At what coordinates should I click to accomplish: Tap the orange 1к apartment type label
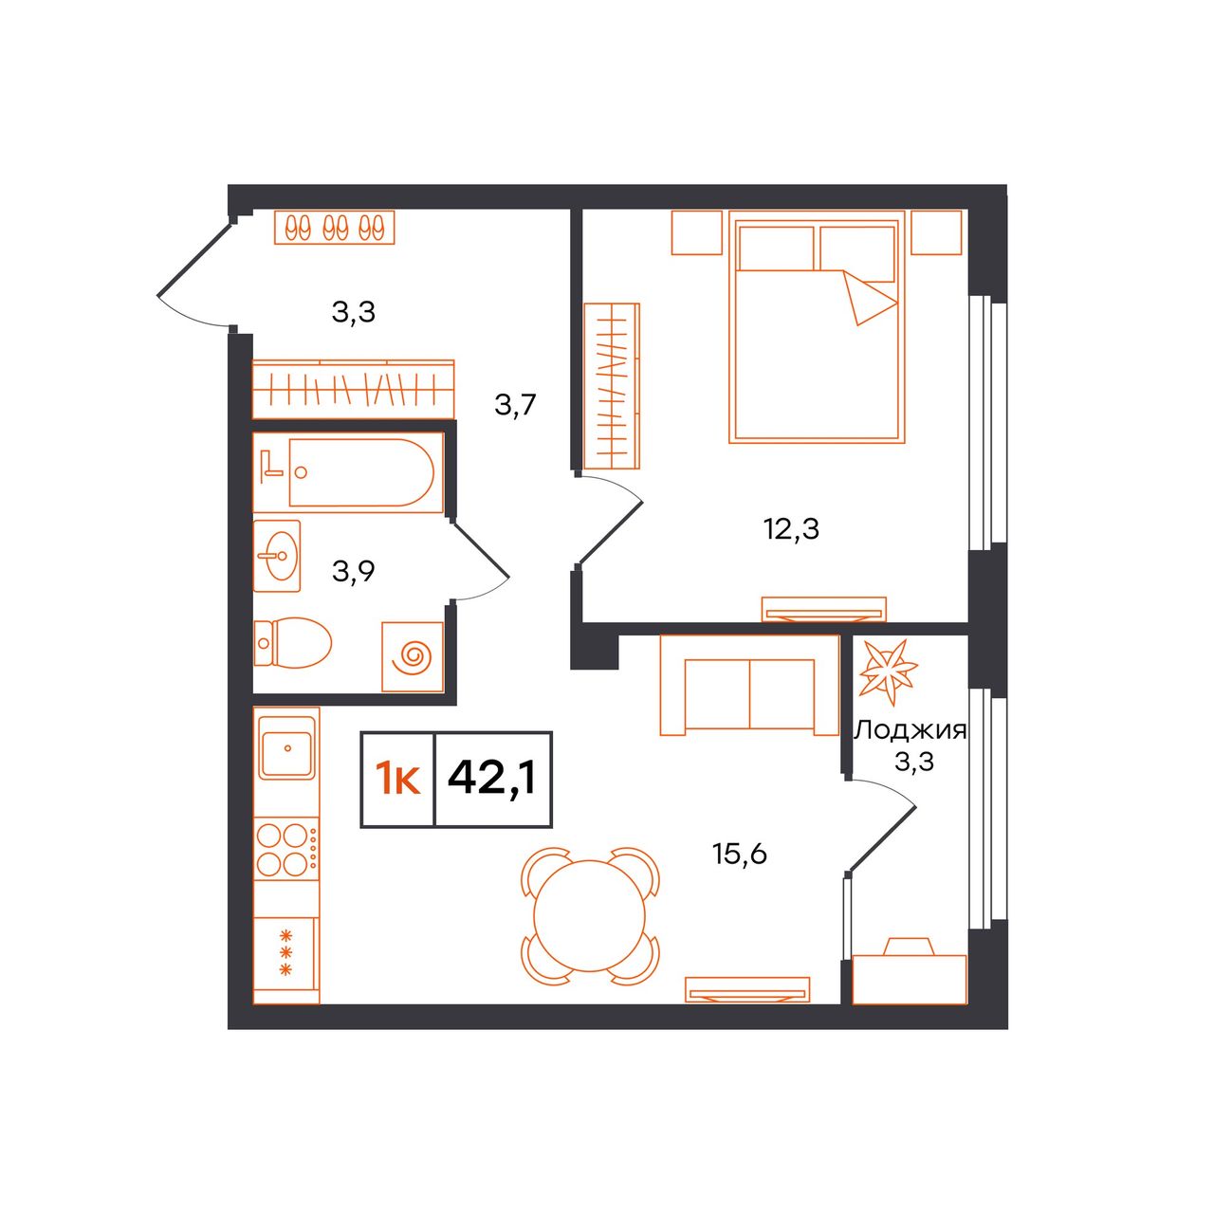click(397, 779)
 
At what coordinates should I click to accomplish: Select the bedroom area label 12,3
click(791, 530)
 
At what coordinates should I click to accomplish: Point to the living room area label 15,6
click(740, 855)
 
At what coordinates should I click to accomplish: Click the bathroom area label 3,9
click(354, 572)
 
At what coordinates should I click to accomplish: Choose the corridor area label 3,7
click(515, 404)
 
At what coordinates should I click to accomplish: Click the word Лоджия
click(910, 732)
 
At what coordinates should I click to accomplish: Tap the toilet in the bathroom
click(292, 643)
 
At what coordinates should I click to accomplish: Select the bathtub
click(348, 472)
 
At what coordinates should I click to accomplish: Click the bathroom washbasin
click(277, 556)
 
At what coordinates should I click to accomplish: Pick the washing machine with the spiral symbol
click(413, 656)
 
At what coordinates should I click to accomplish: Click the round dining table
click(590, 915)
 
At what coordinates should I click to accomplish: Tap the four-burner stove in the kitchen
click(286, 849)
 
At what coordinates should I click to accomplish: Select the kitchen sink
click(287, 746)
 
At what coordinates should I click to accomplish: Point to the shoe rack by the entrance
click(335, 228)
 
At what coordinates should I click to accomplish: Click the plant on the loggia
click(889, 671)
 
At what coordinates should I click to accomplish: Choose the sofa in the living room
click(749, 685)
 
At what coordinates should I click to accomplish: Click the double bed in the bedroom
click(818, 326)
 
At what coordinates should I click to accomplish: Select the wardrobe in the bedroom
click(612, 386)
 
